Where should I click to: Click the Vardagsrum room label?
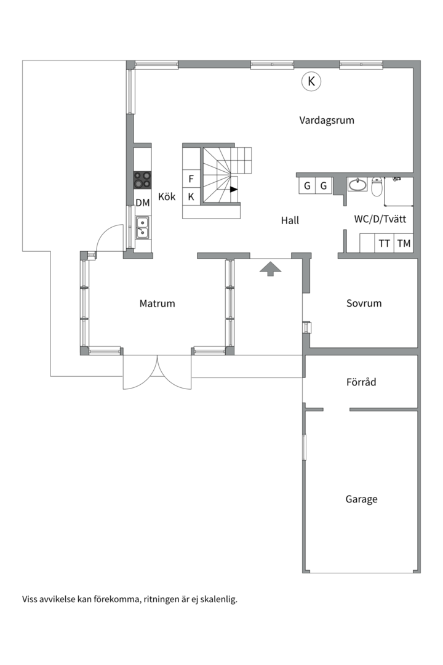[x=327, y=120]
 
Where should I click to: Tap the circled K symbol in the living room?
[x=311, y=81]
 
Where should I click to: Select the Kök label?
[x=167, y=197]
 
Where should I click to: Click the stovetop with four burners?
[x=143, y=179]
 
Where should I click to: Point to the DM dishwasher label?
[x=143, y=203]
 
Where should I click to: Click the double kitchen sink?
[x=143, y=227]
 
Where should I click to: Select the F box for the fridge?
[x=191, y=179]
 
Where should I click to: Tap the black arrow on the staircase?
[x=234, y=190]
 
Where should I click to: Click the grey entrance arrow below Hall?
[x=270, y=268]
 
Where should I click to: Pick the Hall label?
[x=290, y=220]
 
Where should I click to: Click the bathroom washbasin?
[x=357, y=184]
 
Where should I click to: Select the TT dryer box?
[x=385, y=243]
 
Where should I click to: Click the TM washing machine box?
[x=404, y=243]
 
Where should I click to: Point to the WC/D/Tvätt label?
[x=380, y=219]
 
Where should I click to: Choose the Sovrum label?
[x=364, y=303]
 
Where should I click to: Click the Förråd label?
[x=361, y=382]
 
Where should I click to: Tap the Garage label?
[x=361, y=499]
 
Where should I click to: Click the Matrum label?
[x=157, y=303]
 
